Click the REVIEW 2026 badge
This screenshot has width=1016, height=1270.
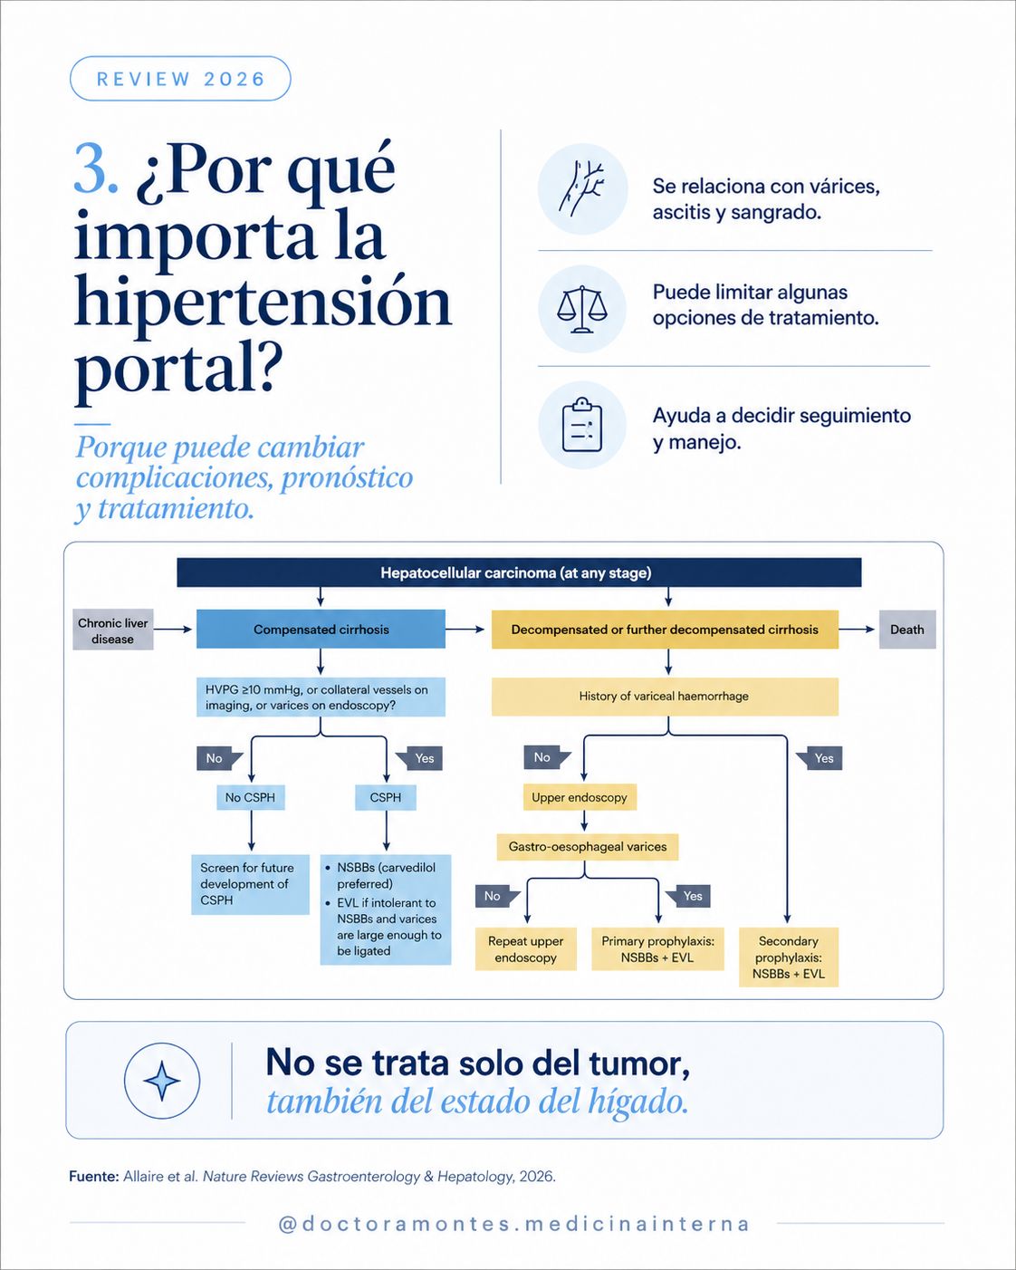(x=180, y=79)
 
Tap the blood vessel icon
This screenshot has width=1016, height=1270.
(x=582, y=188)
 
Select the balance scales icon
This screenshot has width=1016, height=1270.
(x=581, y=309)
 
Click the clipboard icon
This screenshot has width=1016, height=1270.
(x=581, y=424)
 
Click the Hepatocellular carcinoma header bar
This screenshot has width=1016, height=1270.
(x=519, y=572)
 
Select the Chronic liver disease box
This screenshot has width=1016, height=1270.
(x=112, y=630)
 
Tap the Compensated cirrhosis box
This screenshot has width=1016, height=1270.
(x=321, y=629)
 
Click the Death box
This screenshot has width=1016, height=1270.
(x=907, y=629)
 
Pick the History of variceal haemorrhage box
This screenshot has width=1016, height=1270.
(x=665, y=697)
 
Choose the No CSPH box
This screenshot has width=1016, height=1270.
(x=250, y=797)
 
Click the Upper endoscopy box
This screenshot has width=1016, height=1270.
(x=580, y=797)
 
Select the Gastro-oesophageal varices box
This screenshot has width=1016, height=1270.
(x=588, y=847)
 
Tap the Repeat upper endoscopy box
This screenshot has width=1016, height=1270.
(x=526, y=949)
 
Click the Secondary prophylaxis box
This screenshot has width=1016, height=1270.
(x=788, y=957)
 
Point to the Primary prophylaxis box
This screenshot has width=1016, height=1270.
(x=657, y=949)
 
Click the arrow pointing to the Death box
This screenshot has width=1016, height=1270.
(x=856, y=629)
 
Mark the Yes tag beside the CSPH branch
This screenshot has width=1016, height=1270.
(x=419, y=758)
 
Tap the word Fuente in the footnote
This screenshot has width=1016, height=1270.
(x=94, y=1176)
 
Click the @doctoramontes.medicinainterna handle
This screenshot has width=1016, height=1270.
(x=514, y=1224)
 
